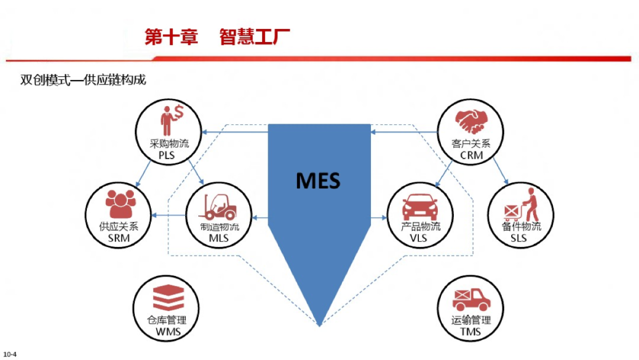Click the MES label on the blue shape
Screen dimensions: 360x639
click(318, 179)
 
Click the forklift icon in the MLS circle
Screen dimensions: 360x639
click(219, 207)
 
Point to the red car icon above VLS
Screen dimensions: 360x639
click(420, 208)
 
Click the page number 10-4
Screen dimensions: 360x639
click(9, 354)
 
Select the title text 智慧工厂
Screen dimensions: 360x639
click(254, 37)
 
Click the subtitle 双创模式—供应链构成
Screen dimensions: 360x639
click(83, 80)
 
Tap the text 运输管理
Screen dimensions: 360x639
click(471, 320)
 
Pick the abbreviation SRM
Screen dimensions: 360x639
click(119, 238)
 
